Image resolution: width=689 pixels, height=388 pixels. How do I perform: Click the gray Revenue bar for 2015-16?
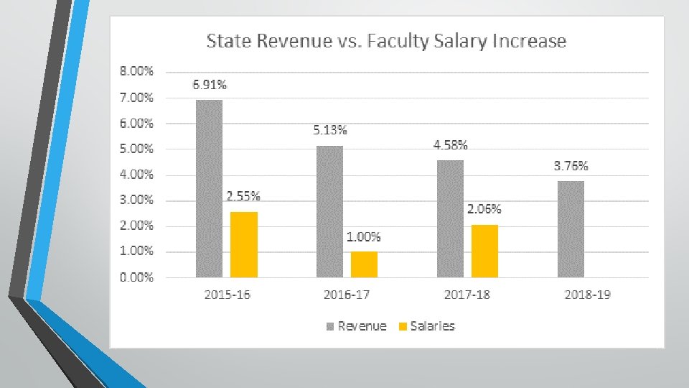(x=209, y=189)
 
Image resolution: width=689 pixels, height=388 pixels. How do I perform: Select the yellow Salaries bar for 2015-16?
(x=244, y=244)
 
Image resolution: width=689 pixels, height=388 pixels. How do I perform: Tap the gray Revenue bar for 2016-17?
(x=329, y=211)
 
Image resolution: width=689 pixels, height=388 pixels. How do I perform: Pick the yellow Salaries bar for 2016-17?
(x=364, y=264)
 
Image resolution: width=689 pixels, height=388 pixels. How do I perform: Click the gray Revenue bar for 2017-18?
(x=450, y=218)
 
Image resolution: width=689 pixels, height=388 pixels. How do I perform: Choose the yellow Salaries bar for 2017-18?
(x=484, y=251)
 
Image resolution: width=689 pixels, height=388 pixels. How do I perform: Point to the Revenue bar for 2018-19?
(x=571, y=229)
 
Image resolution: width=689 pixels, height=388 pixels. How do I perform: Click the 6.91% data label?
(x=210, y=85)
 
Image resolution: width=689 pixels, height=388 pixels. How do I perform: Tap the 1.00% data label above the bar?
(x=363, y=236)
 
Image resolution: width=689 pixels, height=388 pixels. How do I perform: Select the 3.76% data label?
(x=571, y=166)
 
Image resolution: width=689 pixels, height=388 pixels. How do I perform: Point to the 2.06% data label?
(x=484, y=209)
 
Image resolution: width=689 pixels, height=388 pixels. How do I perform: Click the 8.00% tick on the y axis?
(x=136, y=71)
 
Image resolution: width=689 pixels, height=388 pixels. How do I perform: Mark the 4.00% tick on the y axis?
(x=136, y=174)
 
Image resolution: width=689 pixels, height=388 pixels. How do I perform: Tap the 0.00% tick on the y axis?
(x=136, y=277)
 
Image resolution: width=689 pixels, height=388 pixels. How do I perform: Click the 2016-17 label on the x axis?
(x=347, y=295)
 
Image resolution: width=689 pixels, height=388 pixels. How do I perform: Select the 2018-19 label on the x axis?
(x=588, y=295)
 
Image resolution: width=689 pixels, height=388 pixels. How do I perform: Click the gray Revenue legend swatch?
(x=330, y=326)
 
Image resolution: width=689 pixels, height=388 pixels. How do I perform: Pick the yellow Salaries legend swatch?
(x=403, y=326)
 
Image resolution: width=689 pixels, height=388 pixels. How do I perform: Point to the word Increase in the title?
(x=529, y=41)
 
